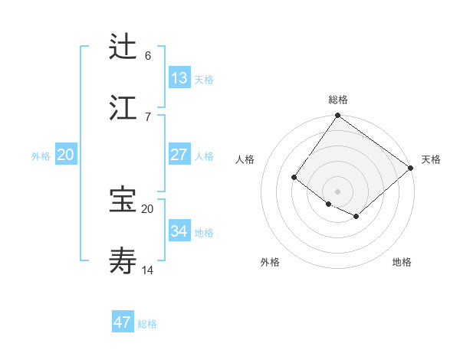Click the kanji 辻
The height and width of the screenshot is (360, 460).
point(123,47)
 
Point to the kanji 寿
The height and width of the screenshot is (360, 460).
point(123,260)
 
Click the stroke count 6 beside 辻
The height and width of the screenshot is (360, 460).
point(148,56)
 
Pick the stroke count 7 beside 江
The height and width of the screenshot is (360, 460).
point(148,116)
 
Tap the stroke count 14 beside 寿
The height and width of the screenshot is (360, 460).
point(148,270)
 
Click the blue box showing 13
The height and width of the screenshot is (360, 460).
point(179,77)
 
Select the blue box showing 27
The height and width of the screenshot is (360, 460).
point(179,155)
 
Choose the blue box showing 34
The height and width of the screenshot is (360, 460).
point(179,231)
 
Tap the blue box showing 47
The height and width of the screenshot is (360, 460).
point(123,322)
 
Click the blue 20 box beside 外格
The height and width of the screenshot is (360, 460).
point(66,155)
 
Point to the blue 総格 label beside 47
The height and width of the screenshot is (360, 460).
point(148,324)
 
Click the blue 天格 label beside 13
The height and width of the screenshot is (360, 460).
point(204,80)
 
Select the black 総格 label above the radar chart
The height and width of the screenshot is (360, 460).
point(338,99)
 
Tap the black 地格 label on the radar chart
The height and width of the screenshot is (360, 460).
point(402,262)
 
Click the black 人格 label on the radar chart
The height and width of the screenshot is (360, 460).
point(245,159)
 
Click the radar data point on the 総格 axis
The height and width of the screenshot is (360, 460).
point(337,116)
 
